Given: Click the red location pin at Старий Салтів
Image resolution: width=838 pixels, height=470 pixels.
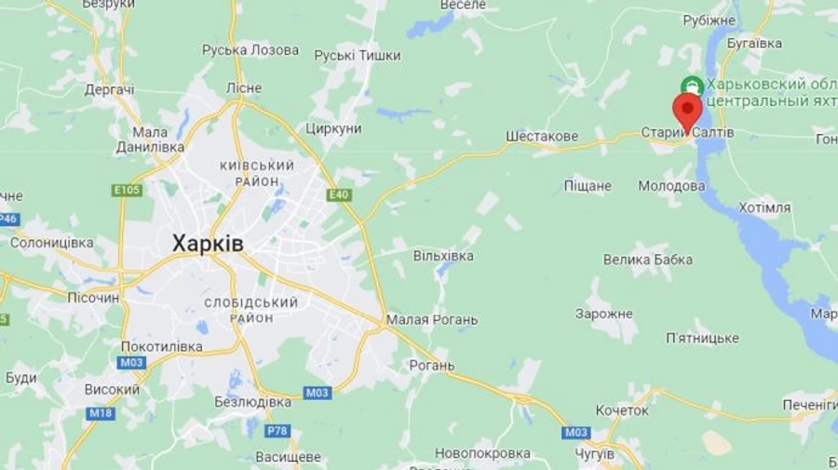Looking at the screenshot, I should (687, 111).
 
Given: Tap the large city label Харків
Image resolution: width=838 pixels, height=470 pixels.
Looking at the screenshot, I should (208, 244).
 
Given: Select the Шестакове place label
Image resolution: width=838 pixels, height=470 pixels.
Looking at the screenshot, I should (542, 136).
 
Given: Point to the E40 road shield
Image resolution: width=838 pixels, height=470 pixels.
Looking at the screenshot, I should (338, 195).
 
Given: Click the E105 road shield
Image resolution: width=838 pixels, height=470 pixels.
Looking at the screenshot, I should (127, 190).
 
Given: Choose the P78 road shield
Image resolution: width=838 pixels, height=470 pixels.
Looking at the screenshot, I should (277, 430).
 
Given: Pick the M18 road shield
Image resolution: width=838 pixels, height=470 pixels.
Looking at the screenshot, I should (101, 412).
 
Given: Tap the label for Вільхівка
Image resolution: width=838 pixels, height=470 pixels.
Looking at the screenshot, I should (443, 255).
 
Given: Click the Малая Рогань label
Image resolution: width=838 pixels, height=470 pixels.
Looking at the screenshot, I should (431, 320).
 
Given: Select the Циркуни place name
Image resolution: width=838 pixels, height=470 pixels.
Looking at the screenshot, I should (332, 128).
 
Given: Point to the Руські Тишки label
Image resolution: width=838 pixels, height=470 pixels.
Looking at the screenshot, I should (357, 56).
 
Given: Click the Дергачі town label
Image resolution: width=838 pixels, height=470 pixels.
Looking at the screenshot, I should (109, 89).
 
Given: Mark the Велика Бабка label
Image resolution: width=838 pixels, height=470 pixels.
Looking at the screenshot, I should (648, 260).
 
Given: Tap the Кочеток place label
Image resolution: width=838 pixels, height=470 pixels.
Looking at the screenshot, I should (622, 410).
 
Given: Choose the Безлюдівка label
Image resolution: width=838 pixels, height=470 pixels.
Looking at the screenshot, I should (252, 402).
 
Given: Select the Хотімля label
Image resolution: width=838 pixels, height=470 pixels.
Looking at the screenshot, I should (764, 208).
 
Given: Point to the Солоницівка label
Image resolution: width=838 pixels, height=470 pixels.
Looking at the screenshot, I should (52, 243).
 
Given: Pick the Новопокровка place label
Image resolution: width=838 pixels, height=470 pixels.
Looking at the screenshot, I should (482, 453).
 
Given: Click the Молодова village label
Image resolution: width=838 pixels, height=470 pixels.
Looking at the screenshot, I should (671, 186).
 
